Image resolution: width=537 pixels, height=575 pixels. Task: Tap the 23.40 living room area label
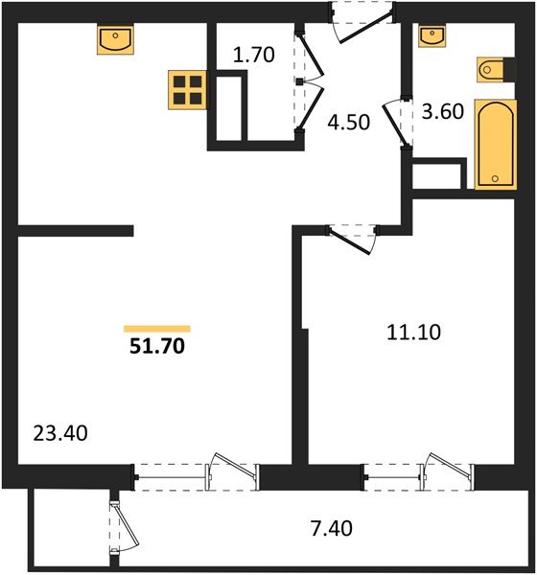(x=59, y=434)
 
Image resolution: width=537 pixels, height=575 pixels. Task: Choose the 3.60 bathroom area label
(x=443, y=110)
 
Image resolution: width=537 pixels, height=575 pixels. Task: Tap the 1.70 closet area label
(x=254, y=55)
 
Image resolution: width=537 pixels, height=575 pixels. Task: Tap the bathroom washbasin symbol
(x=434, y=35)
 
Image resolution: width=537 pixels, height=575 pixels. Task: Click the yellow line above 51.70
(x=156, y=328)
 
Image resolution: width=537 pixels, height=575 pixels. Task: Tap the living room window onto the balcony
(x=197, y=471)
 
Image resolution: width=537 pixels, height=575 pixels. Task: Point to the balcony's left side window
(x=116, y=523)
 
